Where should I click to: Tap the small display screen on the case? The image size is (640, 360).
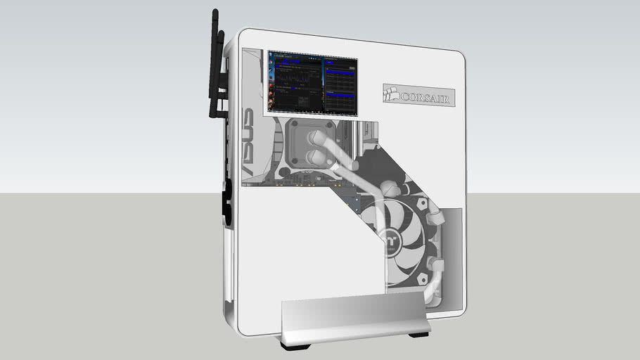(x=313, y=82)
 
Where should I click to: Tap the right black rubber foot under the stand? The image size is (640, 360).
(x=419, y=333)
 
